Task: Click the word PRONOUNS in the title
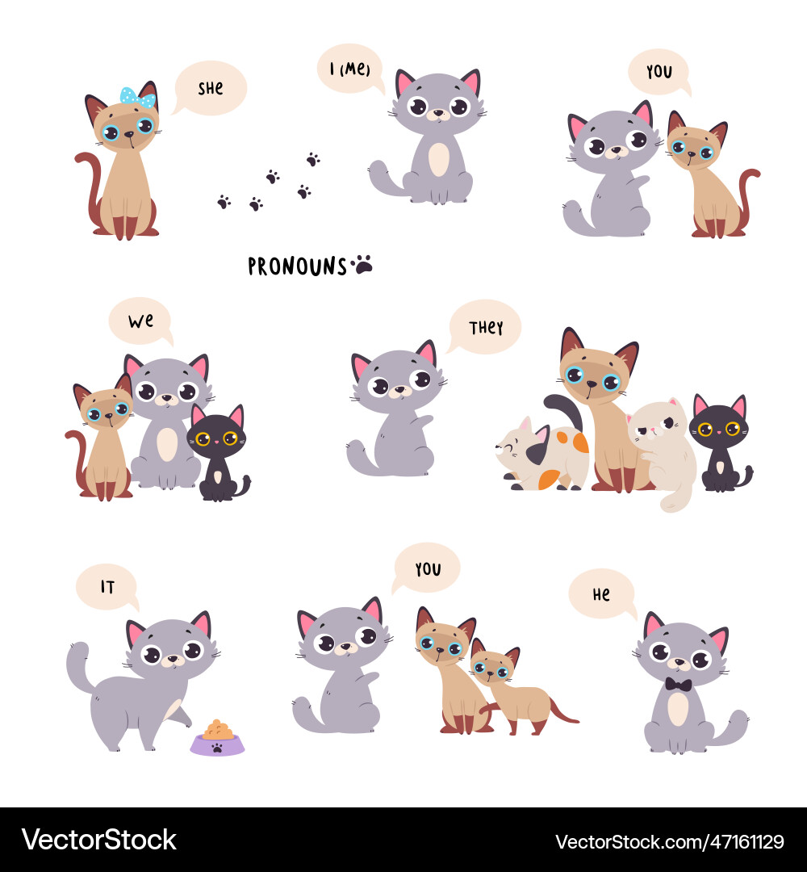point(297,266)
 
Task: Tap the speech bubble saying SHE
point(210,88)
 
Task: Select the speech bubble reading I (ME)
point(349,69)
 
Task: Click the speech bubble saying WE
point(140,321)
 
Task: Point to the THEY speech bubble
point(486,327)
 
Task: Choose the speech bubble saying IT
point(107,587)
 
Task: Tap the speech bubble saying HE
point(601,594)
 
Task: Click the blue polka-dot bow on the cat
point(138,98)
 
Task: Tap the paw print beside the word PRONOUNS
point(363,264)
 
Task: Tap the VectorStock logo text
point(98,840)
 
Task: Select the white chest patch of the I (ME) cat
point(438,160)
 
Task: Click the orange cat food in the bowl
point(218,729)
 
